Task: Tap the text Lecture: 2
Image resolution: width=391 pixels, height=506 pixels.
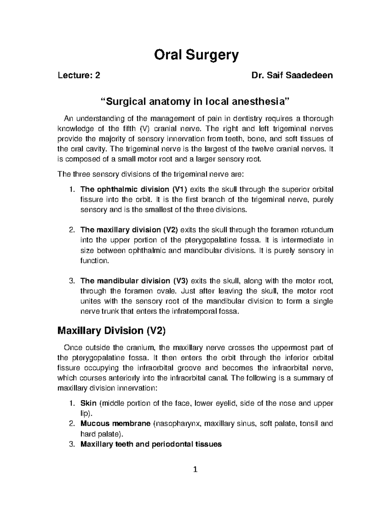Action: (x=79, y=76)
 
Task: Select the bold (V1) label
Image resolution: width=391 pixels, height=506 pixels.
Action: (x=180, y=190)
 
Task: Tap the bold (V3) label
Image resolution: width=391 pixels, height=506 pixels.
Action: (x=180, y=281)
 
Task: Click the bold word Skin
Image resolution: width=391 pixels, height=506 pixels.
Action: (x=88, y=403)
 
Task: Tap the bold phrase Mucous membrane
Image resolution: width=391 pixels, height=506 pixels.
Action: (x=115, y=424)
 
